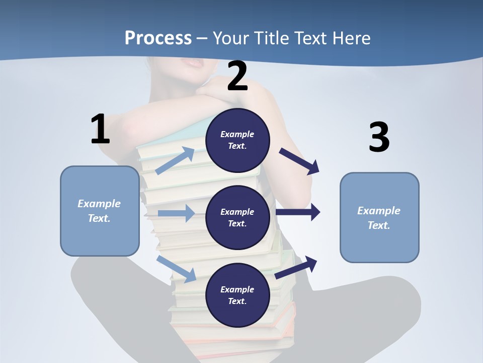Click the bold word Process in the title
pyautogui.click(x=158, y=38)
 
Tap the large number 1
pyautogui.click(x=100, y=130)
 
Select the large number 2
pyautogui.click(x=237, y=77)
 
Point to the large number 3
pyautogui.click(x=379, y=138)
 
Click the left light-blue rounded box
pyautogui.click(x=100, y=211)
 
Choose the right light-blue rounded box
pyautogui.click(x=379, y=218)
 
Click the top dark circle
pyautogui.click(x=237, y=140)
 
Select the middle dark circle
pyautogui.click(x=237, y=217)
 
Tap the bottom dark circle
pyautogui.click(x=237, y=295)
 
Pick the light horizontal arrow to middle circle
pyautogui.click(x=176, y=213)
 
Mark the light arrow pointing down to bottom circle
pyautogui.click(x=176, y=268)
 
